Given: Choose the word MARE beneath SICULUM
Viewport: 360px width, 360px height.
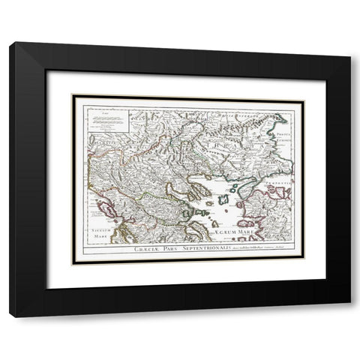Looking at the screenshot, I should click(x=97, y=232).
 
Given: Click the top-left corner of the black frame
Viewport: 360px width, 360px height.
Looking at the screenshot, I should click(x=10, y=44).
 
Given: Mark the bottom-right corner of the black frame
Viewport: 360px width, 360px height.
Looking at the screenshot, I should click(x=349, y=316).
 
